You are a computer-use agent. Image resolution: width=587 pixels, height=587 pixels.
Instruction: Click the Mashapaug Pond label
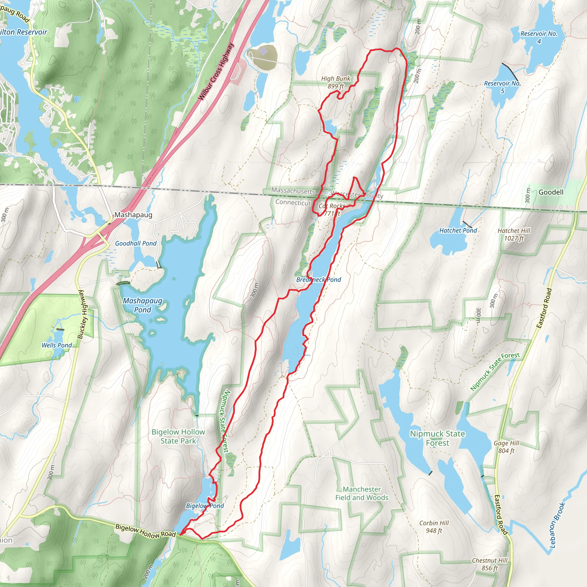142,305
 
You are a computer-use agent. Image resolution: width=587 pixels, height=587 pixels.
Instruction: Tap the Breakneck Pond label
318,279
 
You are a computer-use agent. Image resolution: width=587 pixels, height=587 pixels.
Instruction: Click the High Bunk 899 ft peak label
335,82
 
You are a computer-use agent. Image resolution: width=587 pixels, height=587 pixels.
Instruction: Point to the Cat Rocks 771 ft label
332,210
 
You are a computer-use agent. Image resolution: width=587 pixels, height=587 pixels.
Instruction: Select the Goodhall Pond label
136,243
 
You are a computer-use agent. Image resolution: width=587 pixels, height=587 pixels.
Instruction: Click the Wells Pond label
56,345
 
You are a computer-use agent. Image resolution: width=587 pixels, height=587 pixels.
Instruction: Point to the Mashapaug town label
133,215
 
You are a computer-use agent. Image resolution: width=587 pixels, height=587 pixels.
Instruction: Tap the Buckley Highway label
82,314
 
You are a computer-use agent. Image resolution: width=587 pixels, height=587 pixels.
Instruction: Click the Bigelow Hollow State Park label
178,436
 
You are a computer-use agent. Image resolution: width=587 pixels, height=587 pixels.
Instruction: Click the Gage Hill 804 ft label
506,447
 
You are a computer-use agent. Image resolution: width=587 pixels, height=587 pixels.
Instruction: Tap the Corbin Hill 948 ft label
434,527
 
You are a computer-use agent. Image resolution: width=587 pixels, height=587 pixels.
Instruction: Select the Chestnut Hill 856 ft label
490,564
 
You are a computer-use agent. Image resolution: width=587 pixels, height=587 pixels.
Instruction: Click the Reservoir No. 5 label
502,87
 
